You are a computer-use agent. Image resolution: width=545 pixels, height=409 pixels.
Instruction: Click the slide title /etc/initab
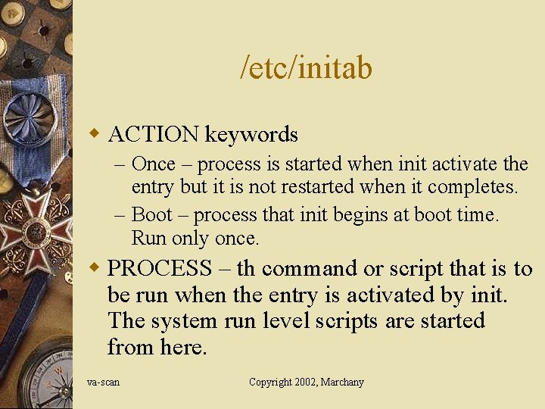306,68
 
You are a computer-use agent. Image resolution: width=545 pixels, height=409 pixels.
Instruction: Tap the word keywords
251,136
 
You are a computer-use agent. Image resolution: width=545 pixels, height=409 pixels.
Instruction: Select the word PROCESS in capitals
160,268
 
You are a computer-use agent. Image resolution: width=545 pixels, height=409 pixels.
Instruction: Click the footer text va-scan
103,382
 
